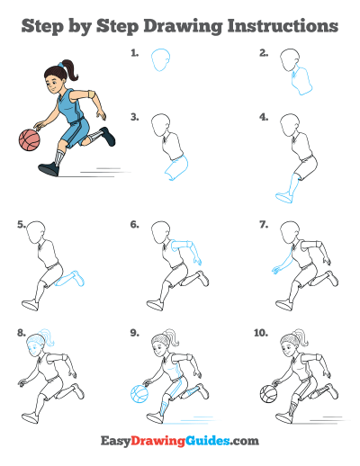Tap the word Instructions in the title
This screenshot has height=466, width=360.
pyautogui.click(x=283, y=26)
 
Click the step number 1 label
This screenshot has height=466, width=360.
pyautogui.click(x=134, y=53)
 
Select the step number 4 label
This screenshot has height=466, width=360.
pyautogui.click(x=264, y=117)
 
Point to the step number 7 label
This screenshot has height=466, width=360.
pyautogui.click(x=264, y=225)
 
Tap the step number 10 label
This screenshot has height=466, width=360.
pyautogui.click(x=261, y=333)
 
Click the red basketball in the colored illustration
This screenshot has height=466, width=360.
pyautogui.click(x=30, y=139)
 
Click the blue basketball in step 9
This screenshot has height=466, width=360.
pyautogui.click(x=139, y=394)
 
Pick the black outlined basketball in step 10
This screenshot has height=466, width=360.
pyautogui.click(x=268, y=394)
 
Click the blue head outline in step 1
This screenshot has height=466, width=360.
pyautogui.click(x=160, y=59)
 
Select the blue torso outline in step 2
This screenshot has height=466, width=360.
pyautogui.click(x=301, y=81)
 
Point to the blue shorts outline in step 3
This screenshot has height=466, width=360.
pyautogui.click(x=177, y=168)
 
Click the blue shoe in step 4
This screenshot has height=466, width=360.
pyautogui.click(x=283, y=198)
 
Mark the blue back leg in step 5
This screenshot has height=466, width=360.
pyautogui.click(x=70, y=279)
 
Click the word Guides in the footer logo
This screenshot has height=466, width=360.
pyautogui.click(x=208, y=441)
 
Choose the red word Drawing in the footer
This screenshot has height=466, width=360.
pyautogui.click(x=157, y=442)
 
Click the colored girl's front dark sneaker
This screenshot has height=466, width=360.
pyautogui.click(x=49, y=169)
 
